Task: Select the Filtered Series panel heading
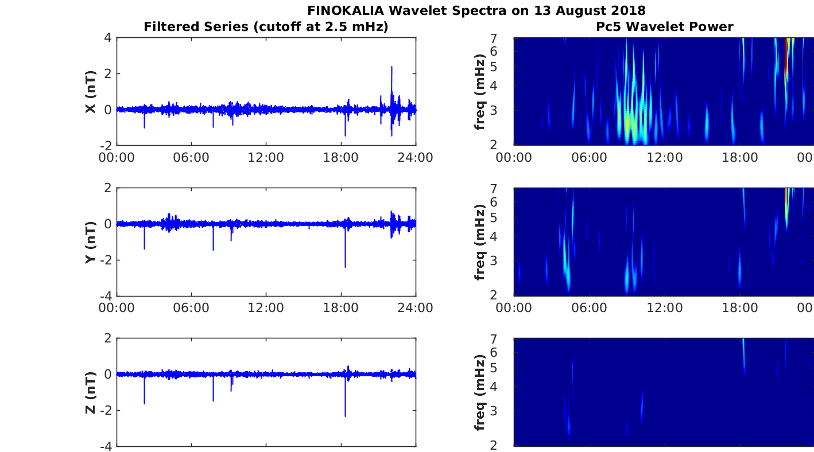265,26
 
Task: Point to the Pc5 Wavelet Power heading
664,26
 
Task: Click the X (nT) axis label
90,91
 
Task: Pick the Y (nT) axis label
90,241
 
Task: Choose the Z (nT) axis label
90,392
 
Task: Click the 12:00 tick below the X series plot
266,157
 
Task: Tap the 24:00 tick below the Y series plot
416,307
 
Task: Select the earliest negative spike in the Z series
144,403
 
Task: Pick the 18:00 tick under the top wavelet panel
740,157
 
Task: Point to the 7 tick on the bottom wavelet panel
507,339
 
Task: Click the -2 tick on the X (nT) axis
106,145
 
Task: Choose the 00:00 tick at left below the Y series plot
117,307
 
